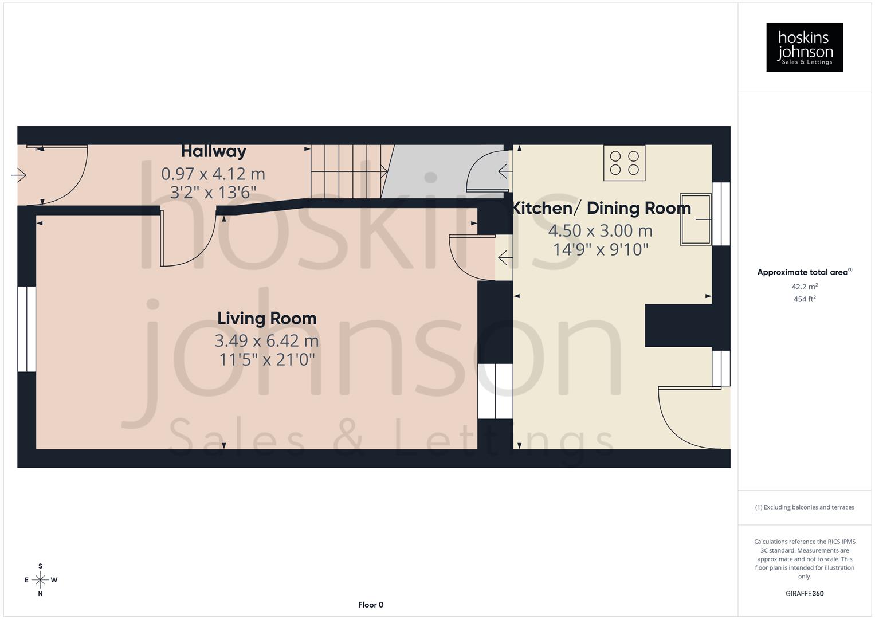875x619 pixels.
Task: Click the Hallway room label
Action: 213,151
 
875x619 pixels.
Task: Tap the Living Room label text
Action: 266,319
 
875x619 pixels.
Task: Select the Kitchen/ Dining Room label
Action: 601,208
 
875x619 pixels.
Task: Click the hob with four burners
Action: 624,163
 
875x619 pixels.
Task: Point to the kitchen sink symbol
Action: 695,220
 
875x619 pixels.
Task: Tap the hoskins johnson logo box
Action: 804,47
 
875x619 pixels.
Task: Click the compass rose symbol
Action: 40,580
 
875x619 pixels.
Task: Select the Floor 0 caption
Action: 370,605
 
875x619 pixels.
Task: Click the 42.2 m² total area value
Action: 804,287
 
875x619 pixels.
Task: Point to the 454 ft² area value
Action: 804,299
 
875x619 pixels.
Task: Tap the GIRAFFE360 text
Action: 804,594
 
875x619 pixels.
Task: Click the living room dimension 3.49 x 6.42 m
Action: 266,341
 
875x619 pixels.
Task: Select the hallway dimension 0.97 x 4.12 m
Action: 213,174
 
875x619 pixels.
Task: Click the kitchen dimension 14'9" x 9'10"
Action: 601,250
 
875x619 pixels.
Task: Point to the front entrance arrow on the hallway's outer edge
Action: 19,175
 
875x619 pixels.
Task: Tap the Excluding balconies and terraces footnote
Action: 804,507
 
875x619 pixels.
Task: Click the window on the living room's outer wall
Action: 26,329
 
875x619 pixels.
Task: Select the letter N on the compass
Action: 40,594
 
